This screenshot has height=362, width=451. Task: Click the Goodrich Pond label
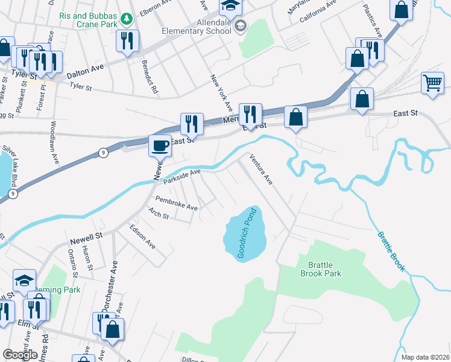point(248,233)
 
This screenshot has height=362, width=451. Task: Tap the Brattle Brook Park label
point(321,269)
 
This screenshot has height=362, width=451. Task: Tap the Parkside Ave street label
point(181,176)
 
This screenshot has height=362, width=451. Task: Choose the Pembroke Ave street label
point(177,203)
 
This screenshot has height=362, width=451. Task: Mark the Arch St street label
point(159,213)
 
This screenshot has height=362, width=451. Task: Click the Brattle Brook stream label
point(391,252)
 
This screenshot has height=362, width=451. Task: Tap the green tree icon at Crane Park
point(127,19)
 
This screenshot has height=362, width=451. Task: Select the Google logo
point(20,355)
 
